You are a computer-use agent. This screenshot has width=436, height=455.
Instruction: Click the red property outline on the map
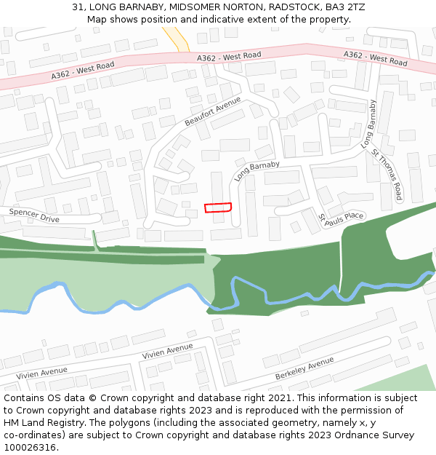[218, 207]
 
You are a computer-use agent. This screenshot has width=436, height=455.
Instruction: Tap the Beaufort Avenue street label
[212, 111]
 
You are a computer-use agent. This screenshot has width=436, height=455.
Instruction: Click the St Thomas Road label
[387, 175]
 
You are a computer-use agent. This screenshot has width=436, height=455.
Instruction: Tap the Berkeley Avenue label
[304, 368]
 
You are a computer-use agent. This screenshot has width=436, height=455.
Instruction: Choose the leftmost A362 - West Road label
[83, 70]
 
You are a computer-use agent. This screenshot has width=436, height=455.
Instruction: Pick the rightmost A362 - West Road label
[375, 57]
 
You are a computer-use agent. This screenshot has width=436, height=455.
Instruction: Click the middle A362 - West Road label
[229, 56]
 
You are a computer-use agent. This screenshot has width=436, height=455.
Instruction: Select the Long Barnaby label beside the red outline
[257, 171]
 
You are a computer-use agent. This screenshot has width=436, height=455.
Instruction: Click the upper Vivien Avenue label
[168, 352]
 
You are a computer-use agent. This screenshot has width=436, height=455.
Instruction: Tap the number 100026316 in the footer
[31, 447]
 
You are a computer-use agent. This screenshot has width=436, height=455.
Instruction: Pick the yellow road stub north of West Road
[177, 38]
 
